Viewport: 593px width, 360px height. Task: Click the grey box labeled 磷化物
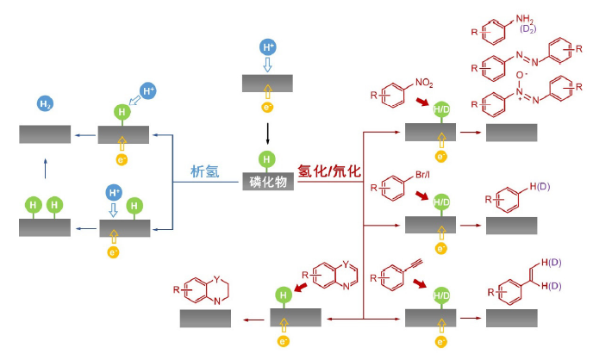tap(268, 182)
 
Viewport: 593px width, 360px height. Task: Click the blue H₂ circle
tap(45, 104)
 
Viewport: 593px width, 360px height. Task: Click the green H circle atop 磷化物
tap(267, 159)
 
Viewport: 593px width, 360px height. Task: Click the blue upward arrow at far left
tap(45, 168)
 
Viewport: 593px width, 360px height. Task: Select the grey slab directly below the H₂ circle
tap(45, 134)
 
